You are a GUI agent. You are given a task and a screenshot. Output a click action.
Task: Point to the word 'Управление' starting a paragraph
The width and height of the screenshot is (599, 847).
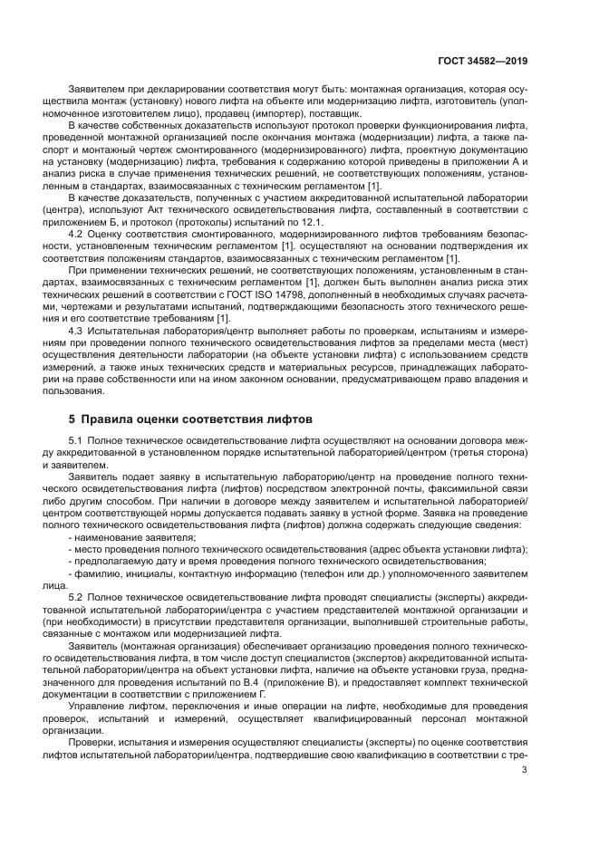(x=95, y=705)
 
